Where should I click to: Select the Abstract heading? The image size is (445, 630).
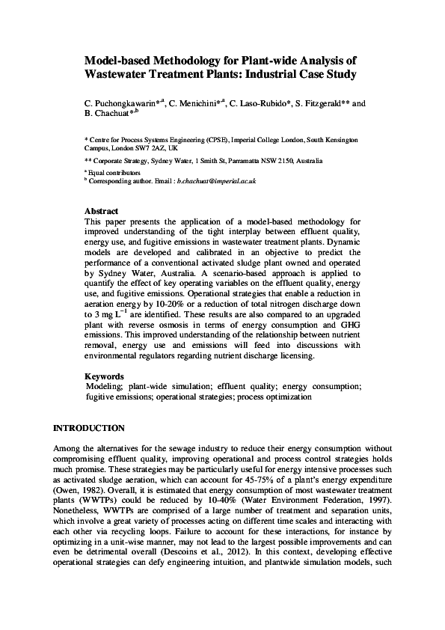click(x=102, y=212)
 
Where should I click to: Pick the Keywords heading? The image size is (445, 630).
click(x=104, y=376)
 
